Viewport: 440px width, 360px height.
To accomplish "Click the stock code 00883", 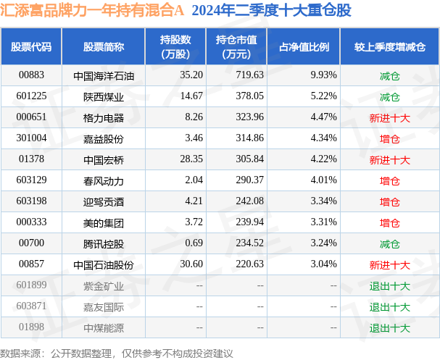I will (x=31, y=75).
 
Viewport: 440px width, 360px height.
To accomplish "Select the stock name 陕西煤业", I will (x=104, y=96).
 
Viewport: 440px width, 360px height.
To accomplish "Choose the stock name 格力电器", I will (x=104, y=117).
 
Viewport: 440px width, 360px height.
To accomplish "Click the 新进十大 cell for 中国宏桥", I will (x=389, y=160).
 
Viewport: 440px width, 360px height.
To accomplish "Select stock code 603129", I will (x=31, y=180).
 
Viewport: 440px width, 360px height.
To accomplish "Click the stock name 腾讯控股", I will (x=104, y=244).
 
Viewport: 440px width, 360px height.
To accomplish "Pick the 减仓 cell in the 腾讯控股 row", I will (x=389, y=244).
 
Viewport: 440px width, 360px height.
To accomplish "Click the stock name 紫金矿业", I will (x=104, y=286).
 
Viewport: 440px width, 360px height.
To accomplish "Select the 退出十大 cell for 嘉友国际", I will (x=389, y=307).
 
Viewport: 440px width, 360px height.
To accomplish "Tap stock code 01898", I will (x=31, y=328).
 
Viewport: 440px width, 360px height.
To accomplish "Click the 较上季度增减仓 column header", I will (x=389, y=46).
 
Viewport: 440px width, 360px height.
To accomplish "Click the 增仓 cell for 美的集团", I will (x=389, y=223).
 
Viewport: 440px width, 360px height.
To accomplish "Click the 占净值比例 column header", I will (x=304, y=46).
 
